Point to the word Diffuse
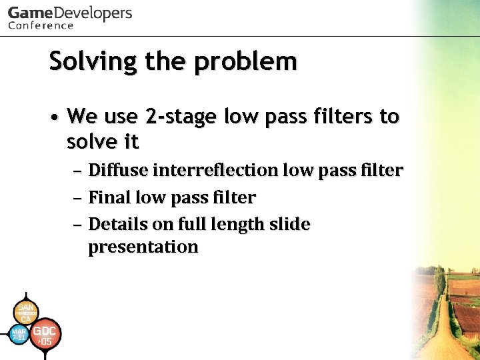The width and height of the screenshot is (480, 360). (x=118, y=171)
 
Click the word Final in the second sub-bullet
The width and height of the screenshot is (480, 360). (x=109, y=198)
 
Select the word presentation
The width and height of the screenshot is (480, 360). (x=143, y=247)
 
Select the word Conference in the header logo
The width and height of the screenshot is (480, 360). (x=41, y=26)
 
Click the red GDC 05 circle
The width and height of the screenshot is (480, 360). (x=45, y=335)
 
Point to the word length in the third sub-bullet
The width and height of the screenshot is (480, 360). (x=235, y=224)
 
